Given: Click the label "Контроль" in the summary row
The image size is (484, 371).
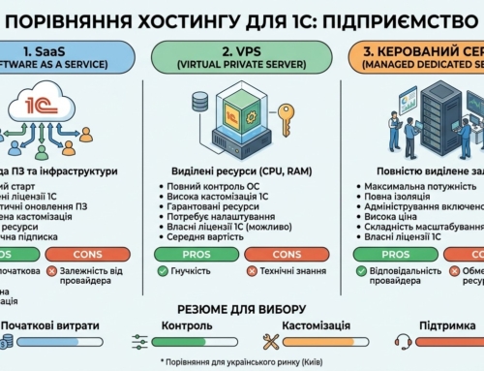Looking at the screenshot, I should pyautogui.click(x=187, y=325).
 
